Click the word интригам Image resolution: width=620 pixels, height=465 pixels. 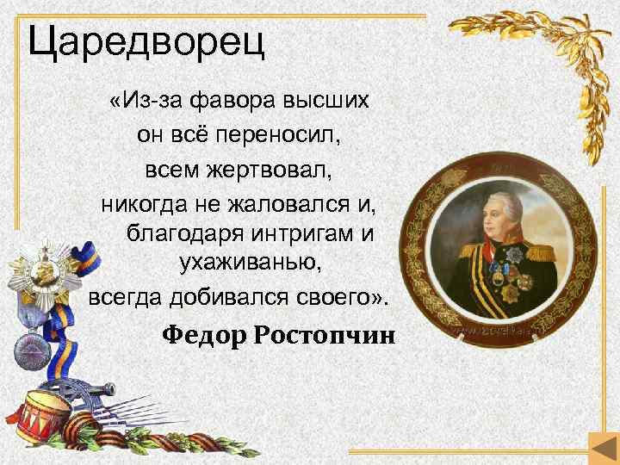(306, 232)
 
